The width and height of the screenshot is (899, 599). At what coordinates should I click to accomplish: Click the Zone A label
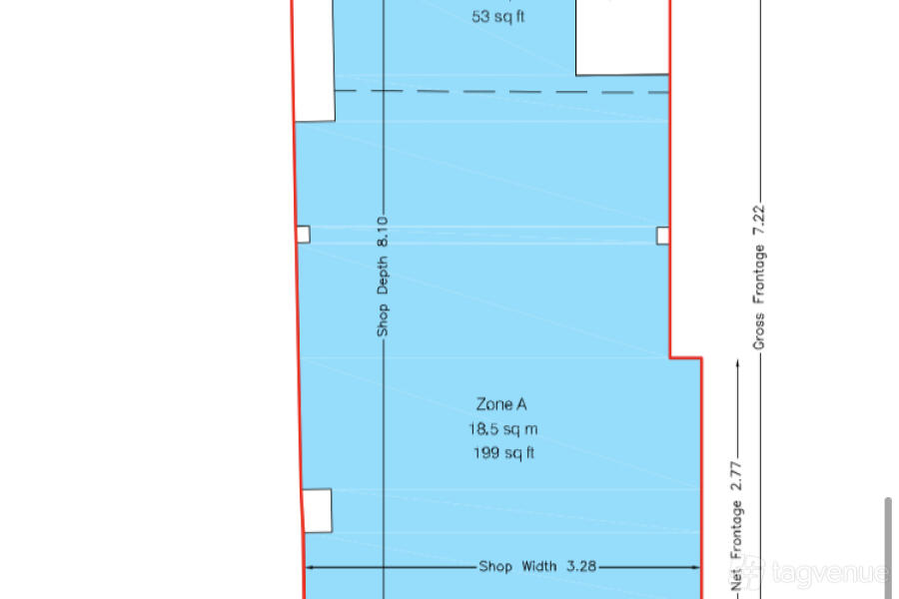[501, 404]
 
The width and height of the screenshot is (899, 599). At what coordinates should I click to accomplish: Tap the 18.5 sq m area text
[502, 428]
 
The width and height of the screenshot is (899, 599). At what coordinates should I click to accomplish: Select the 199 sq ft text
[503, 453]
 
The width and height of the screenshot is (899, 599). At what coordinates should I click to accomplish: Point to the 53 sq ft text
[497, 17]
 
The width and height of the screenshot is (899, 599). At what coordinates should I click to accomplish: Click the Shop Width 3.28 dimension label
[537, 566]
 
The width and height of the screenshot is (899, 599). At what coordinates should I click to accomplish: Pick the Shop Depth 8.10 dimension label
[383, 277]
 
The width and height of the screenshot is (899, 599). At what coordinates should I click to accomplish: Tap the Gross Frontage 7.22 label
[758, 278]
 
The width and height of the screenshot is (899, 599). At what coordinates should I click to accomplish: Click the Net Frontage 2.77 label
[736, 526]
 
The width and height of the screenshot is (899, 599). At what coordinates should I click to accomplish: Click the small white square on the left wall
[304, 235]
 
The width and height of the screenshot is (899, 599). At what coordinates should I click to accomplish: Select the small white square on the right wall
[663, 236]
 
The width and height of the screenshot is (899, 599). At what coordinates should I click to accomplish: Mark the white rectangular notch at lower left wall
[317, 511]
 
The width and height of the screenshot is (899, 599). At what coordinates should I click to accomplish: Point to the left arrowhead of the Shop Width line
[311, 567]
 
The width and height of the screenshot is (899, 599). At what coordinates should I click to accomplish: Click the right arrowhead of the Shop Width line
[695, 567]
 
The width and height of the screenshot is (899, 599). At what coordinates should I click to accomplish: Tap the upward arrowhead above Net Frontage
[737, 363]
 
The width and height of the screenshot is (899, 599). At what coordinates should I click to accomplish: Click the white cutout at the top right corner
[622, 37]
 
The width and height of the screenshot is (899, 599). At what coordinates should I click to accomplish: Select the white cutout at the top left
[315, 61]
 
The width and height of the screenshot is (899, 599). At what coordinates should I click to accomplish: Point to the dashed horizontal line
[501, 91]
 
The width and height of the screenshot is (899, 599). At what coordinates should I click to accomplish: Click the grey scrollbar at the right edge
[888, 548]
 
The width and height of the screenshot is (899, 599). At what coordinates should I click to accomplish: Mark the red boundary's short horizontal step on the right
[685, 358]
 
